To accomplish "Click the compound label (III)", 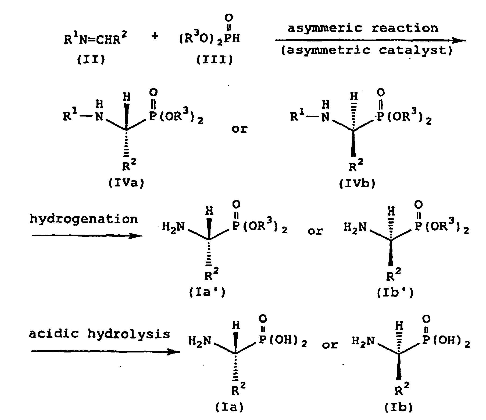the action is [214, 60].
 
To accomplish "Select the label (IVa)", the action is [126, 183].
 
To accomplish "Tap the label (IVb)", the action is [357, 183].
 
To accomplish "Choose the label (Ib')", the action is [395, 293].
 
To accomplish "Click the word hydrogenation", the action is [84, 219].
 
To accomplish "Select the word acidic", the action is [54, 334].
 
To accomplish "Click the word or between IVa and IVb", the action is [239, 129].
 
